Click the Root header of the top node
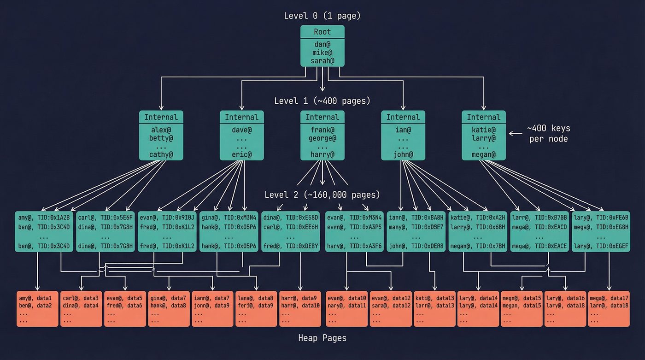coord(322,32)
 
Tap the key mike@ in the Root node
coord(322,53)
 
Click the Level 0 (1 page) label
coord(322,16)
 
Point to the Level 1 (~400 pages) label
coord(322,100)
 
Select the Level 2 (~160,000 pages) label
coord(322,194)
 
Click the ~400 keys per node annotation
coord(548,134)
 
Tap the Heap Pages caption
coord(322,338)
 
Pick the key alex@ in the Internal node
coord(161,130)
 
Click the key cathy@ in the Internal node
coord(161,154)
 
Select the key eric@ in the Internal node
coord(242,154)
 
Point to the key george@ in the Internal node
coord(322,138)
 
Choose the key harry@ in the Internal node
coord(322,154)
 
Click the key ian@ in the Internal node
coord(403,130)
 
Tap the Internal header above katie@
coord(484,117)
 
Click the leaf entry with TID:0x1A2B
coord(44,217)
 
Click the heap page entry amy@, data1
coord(38,299)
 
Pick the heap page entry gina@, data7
coord(169,299)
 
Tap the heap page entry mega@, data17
coord(609,299)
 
